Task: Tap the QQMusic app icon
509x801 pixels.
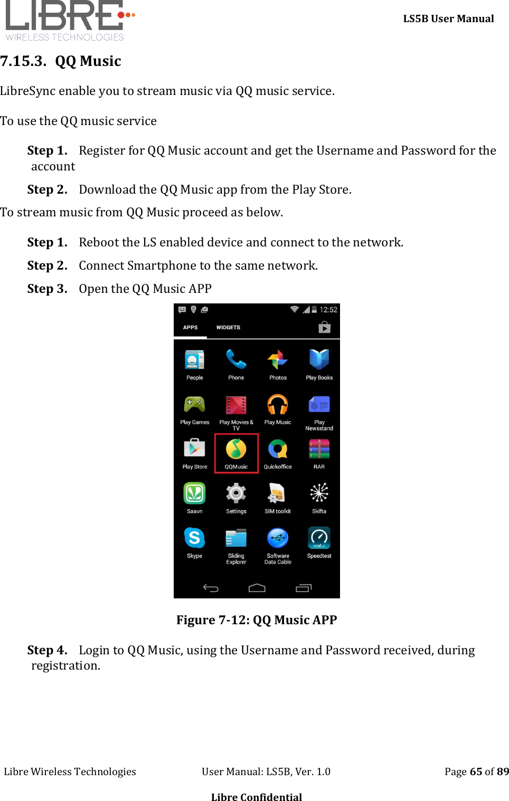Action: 236,450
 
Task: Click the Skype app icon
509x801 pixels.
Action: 194,538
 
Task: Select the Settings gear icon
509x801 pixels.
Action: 236,493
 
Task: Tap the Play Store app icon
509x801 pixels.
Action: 194,449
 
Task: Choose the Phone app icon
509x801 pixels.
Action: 236,360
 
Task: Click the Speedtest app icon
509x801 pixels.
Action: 319,538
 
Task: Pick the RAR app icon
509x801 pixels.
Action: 319,449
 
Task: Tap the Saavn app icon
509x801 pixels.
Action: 194,493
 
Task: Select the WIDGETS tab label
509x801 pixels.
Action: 228,328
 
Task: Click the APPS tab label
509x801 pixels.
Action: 190,328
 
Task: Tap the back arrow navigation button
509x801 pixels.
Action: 211,588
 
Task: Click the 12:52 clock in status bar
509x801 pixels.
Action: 328,310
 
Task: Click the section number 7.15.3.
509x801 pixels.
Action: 23,61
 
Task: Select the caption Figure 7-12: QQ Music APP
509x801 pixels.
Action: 257,620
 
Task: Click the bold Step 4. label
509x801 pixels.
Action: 47,650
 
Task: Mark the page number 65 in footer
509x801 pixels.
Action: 476,771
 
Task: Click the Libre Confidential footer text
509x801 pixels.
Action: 257,797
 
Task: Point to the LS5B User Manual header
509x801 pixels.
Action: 448,19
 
